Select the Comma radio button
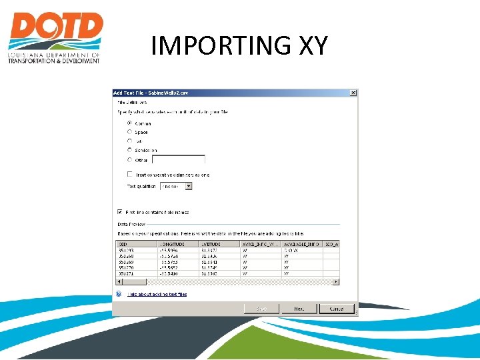(x=130, y=123)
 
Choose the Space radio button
(x=130, y=132)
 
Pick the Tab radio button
(x=130, y=141)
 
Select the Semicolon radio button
(x=130, y=150)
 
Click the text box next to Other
(x=178, y=160)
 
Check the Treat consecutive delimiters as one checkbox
(x=130, y=174)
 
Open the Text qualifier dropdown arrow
(x=189, y=187)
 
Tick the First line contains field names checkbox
(x=120, y=212)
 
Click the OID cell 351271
(x=127, y=273)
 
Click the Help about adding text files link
(x=157, y=294)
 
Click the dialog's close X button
(x=353, y=93)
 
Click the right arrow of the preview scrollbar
(x=337, y=282)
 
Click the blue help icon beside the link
(x=119, y=293)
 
